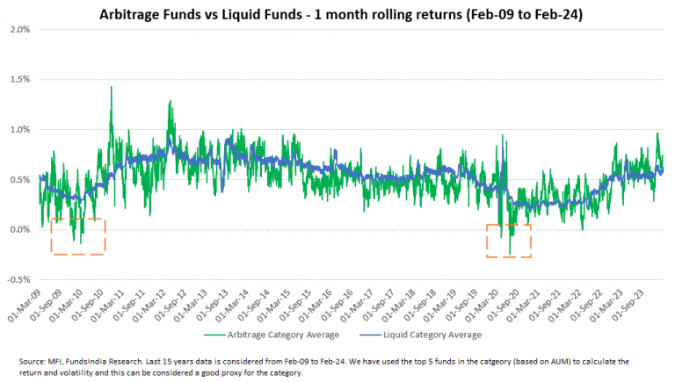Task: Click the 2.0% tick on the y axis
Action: pos(18,29)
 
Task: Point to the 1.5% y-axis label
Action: pos(18,79)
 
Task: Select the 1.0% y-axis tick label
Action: pos(18,129)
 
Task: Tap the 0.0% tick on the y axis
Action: pos(18,230)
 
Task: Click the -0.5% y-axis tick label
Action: pos(17,280)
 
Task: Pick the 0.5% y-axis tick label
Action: pos(18,179)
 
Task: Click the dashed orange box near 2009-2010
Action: pos(78,236)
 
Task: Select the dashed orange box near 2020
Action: pos(509,241)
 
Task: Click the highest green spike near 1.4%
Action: pos(112,87)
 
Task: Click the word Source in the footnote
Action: pos(33,362)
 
